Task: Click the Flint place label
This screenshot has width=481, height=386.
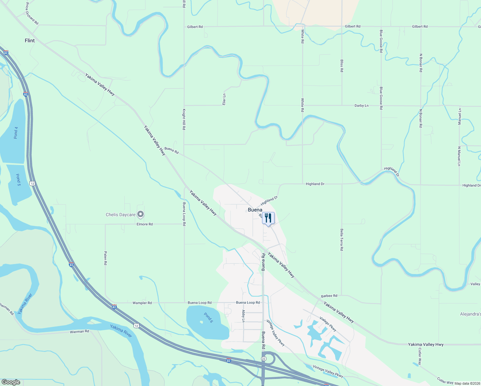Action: click(x=30, y=41)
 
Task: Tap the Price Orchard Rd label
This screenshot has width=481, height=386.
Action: click(x=32, y=14)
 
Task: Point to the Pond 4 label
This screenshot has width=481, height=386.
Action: click(x=16, y=133)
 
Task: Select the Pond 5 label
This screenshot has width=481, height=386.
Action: click(x=18, y=180)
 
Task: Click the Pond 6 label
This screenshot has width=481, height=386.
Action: click(x=208, y=317)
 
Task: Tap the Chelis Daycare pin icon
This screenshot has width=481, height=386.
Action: click(x=140, y=214)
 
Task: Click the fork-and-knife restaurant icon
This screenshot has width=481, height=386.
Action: click(x=268, y=218)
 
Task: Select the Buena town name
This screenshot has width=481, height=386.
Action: click(x=255, y=210)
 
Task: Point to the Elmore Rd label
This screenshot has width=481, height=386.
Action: click(x=145, y=224)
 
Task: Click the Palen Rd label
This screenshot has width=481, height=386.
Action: click(x=105, y=258)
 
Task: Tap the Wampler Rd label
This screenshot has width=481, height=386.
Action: click(x=142, y=303)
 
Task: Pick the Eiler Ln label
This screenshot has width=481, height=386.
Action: click(x=224, y=99)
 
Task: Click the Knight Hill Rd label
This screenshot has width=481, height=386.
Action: click(x=184, y=119)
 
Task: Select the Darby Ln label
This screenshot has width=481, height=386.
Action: click(x=361, y=106)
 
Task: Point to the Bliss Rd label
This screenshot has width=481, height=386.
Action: click(x=341, y=66)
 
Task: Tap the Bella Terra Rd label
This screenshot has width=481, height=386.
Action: click(x=341, y=240)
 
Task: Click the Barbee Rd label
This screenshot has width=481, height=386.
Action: click(x=329, y=296)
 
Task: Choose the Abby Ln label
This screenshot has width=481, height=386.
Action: click(x=243, y=316)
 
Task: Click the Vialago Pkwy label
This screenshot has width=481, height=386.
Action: click(x=328, y=324)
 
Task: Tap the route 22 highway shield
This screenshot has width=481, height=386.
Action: click(x=264, y=358)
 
